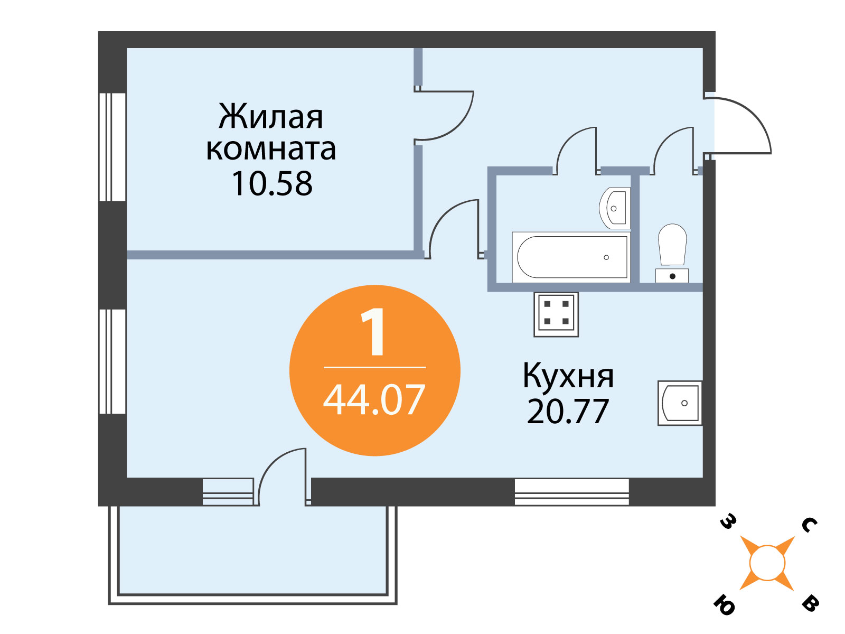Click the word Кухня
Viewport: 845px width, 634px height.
[568, 376]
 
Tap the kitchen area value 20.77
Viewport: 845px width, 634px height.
[568, 412]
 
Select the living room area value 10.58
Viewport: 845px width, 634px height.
[272, 184]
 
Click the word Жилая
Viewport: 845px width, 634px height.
[271, 117]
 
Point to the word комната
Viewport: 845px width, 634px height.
[271, 150]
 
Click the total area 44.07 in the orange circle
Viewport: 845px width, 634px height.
[374, 400]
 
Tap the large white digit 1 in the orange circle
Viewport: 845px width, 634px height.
[373, 332]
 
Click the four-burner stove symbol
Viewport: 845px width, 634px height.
[556, 314]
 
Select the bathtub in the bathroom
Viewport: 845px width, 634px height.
[571, 257]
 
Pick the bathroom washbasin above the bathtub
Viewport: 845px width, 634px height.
[615, 208]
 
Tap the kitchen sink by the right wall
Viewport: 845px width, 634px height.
[680, 403]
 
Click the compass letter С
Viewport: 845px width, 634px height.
[809, 525]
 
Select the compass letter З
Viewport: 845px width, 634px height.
[728, 522]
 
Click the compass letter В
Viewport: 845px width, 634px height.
[810, 604]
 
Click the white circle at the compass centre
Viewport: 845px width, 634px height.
[767, 563]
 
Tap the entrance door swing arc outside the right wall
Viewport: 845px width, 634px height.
[751, 115]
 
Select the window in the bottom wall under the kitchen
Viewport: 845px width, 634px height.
[571, 492]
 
